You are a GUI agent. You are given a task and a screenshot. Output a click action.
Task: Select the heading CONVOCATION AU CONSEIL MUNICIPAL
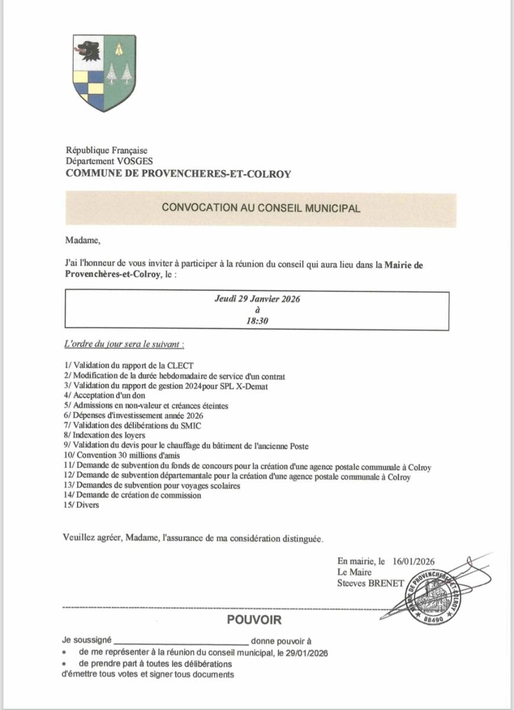(261, 208)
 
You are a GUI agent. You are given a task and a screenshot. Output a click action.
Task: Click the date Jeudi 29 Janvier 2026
(257, 299)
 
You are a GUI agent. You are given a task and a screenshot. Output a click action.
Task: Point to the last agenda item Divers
(82, 505)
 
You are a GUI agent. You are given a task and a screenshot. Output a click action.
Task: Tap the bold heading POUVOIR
(255, 621)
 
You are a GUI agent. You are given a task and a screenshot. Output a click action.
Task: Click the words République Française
(107, 151)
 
